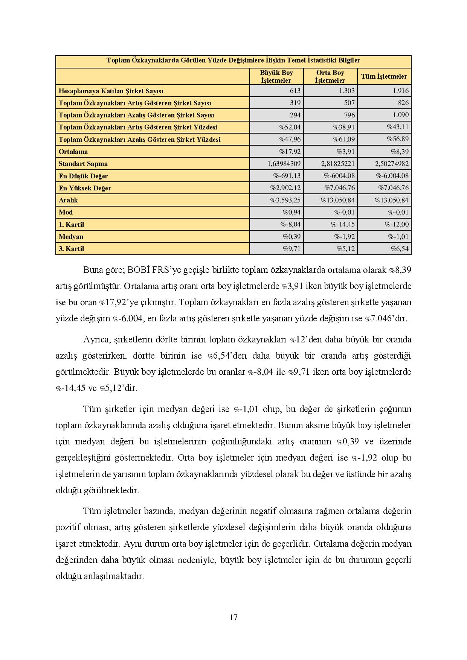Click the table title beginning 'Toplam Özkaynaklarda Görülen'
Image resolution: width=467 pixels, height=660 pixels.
coord(233,61)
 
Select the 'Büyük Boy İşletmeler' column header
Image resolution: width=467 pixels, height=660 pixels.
coord(276,76)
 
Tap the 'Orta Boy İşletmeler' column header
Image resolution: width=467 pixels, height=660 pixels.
coord(330,76)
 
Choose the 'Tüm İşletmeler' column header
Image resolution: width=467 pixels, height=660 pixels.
coord(384,76)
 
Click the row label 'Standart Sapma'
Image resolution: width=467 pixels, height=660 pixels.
coord(83,164)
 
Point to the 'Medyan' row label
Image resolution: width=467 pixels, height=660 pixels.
coord(71,237)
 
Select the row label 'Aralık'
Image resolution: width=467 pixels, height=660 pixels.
coord(68,200)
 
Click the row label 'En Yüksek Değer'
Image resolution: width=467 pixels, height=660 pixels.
coord(85,188)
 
